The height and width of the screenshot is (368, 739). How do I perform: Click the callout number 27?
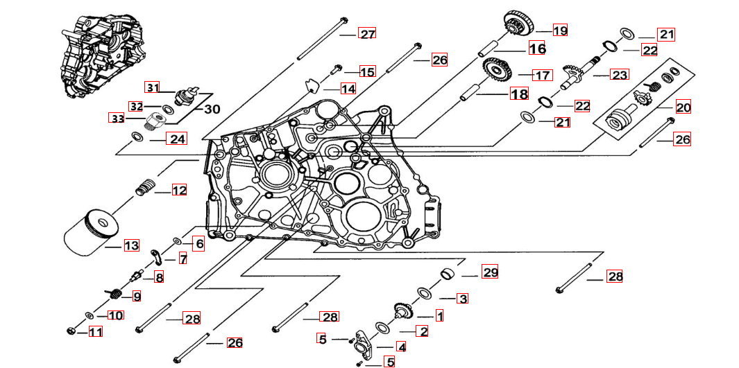tap(366, 34)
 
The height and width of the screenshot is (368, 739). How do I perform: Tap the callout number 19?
tap(560, 30)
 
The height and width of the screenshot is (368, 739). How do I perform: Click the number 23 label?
tap(619, 74)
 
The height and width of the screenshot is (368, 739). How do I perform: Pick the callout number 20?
tap(683, 107)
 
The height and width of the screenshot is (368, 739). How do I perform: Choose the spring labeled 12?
tap(143, 187)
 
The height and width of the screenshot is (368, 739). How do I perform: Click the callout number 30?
tap(211, 109)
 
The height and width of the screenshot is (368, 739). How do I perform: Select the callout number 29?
tap(491, 272)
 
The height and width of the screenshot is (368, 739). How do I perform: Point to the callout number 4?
tap(401, 346)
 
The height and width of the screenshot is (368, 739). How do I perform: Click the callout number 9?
tap(137, 296)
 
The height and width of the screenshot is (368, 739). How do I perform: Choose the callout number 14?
tap(348, 89)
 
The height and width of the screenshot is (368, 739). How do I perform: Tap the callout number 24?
tap(178, 139)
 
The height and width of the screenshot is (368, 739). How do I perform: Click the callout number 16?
tap(537, 49)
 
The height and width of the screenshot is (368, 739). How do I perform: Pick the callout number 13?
tap(131, 245)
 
